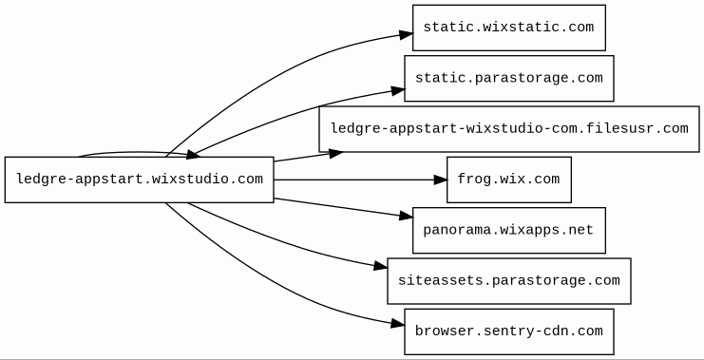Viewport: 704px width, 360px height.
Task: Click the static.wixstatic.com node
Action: (509, 28)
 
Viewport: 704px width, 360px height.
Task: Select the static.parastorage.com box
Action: (509, 78)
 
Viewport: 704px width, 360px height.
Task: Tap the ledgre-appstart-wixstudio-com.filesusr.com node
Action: (509, 129)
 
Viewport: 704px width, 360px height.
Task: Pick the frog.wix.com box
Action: (509, 180)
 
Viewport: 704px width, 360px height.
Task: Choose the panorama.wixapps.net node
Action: (509, 230)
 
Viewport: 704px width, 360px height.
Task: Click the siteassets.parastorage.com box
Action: (509, 281)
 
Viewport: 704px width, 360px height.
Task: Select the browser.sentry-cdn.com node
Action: (509, 332)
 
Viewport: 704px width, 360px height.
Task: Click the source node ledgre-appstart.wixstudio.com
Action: (139, 180)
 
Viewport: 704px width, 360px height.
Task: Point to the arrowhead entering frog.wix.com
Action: (441, 180)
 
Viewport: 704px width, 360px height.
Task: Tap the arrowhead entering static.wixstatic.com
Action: (406, 34)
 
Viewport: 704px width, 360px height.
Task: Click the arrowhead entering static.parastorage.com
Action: (398, 91)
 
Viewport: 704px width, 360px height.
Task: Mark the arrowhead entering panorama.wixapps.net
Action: (406, 217)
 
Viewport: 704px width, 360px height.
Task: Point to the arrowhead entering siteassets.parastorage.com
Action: (381, 267)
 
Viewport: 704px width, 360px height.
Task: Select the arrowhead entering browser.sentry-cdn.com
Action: (398, 323)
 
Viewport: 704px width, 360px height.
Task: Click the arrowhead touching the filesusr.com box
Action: (335, 154)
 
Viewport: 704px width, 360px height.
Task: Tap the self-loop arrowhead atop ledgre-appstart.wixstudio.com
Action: (193, 155)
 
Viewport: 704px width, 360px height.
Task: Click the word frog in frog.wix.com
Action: (474, 180)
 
